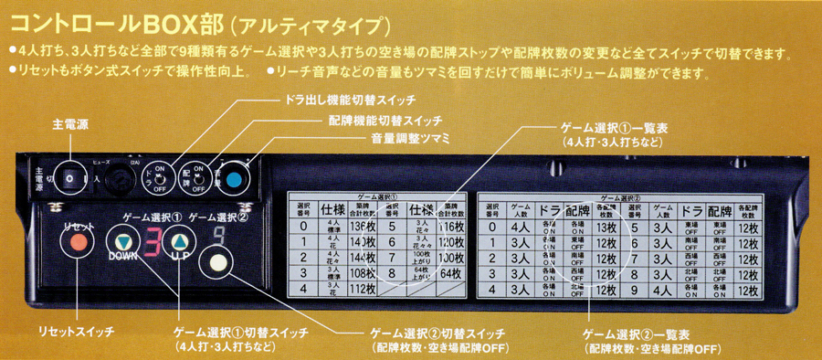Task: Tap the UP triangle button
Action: click(181, 241)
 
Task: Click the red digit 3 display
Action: click(151, 242)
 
